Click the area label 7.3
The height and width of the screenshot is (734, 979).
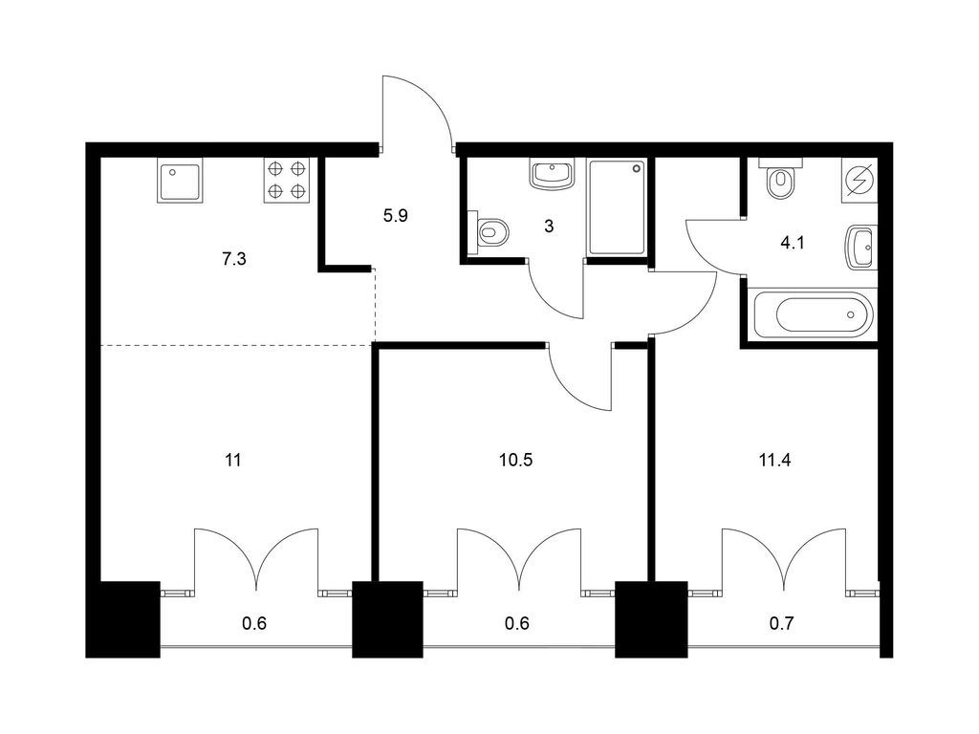tap(233, 258)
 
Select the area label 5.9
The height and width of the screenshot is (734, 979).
tap(395, 216)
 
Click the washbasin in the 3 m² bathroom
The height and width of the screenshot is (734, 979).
tap(552, 174)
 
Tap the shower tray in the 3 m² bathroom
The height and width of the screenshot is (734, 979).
tap(617, 207)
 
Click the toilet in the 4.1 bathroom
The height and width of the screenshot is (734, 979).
tap(780, 179)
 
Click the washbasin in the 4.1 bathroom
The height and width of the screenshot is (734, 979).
tap(861, 248)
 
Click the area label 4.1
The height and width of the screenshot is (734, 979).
tap(793, 243)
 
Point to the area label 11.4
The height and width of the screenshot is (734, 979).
tap(774, 461)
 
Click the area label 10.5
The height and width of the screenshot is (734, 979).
tap(515, 461)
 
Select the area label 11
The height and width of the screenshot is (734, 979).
tap(233, 461)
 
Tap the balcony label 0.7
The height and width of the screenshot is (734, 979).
tap(781, 623)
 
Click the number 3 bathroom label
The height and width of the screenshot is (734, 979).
tap(549, 226)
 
